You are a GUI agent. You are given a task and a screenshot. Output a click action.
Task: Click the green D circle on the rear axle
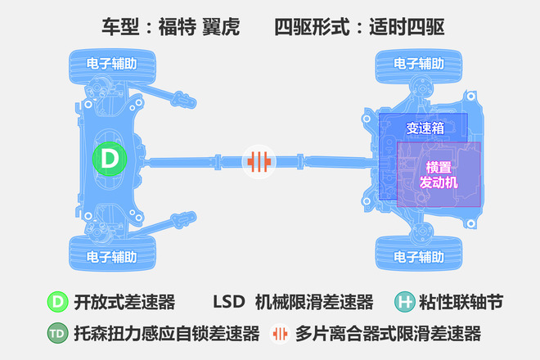pos(110,159)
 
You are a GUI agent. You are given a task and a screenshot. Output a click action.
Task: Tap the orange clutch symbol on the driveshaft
pos(259,161)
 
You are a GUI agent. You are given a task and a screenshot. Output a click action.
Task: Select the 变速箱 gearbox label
pos(425,128)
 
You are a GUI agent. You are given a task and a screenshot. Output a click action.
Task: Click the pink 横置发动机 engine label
pos(439,174)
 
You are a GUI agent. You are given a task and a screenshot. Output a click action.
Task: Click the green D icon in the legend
pos(57,302)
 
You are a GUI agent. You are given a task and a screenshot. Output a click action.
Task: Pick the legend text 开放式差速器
pos(124,303)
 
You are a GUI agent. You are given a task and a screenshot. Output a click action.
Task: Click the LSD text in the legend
pos(229,302)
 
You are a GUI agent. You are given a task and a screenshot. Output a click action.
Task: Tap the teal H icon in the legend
pos(405,302)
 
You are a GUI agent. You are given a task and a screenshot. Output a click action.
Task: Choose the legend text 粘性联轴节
pos(461,303)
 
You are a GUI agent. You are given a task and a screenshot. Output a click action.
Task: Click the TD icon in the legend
pos(57,333)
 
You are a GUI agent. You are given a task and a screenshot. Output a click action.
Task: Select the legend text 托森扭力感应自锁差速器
pos(167,334)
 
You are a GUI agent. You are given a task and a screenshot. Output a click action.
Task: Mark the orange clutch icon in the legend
pos(280,334)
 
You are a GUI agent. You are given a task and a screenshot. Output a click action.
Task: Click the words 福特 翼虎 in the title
pos(199,27)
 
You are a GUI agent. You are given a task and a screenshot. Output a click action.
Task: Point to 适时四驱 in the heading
pos(407,27)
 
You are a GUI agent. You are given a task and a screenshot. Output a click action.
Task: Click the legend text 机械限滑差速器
pos(314,303)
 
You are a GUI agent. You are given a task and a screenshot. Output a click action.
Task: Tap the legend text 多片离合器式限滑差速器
pos(388,334)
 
